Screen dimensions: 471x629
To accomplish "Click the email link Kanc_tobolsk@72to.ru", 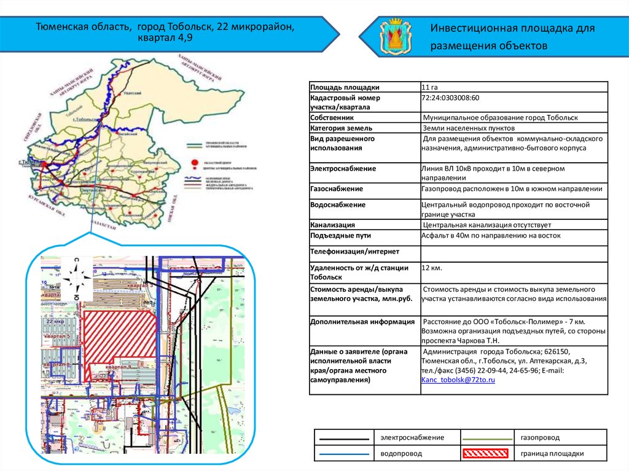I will pos(458,380).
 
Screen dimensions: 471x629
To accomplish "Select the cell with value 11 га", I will pos(429,87).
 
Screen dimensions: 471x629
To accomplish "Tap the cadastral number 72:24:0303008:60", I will pos(450,98).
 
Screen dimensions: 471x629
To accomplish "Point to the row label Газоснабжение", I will pos(337,189).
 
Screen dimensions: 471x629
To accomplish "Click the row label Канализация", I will pos(333,225).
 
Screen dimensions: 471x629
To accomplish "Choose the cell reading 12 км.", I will pos(432,268).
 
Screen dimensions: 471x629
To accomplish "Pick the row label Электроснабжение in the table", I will pos(343,168).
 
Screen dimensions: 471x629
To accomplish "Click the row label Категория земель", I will pos(342,128).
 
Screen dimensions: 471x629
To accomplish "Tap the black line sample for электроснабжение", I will pos(344,438).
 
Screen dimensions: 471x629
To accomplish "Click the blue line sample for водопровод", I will pos(344,454).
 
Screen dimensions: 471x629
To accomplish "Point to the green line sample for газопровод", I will pos(486,438).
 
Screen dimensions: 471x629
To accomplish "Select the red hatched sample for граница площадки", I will pos(486,454).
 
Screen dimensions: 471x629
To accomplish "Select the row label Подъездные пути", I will pos(341,236).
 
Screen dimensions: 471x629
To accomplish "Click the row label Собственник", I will pos(332,117).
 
